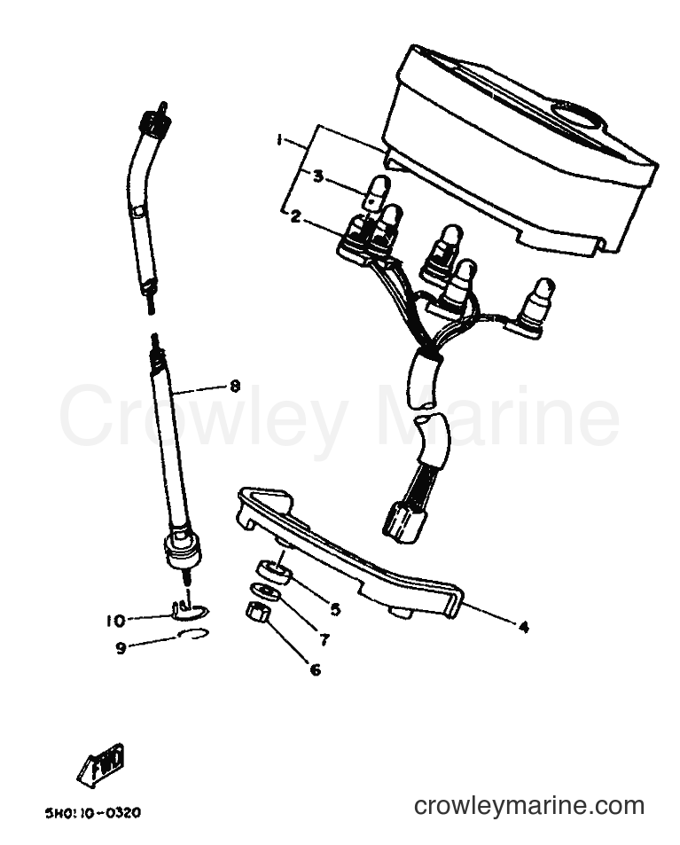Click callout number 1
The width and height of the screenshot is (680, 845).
coord(279,140)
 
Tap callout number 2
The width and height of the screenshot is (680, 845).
coord(295,216)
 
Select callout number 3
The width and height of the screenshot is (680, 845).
coord(318,176)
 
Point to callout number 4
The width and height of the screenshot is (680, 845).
coord(523,627)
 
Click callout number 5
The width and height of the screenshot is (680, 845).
coord(335,609)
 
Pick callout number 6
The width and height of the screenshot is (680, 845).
coord(316,669)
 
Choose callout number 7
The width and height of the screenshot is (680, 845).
coord(324,639)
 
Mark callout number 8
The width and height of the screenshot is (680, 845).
coord(235,387)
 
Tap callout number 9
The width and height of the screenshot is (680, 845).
coord(121,648)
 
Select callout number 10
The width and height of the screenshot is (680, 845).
coord(115,621)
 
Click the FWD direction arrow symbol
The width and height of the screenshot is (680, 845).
coord(102,762)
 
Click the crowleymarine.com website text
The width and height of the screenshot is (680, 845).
coord(529,806)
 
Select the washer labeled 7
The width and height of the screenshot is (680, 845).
coord(266,591)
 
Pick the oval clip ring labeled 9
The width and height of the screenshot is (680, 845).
coord(193,634)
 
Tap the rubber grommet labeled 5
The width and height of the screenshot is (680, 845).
coord(273,571)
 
